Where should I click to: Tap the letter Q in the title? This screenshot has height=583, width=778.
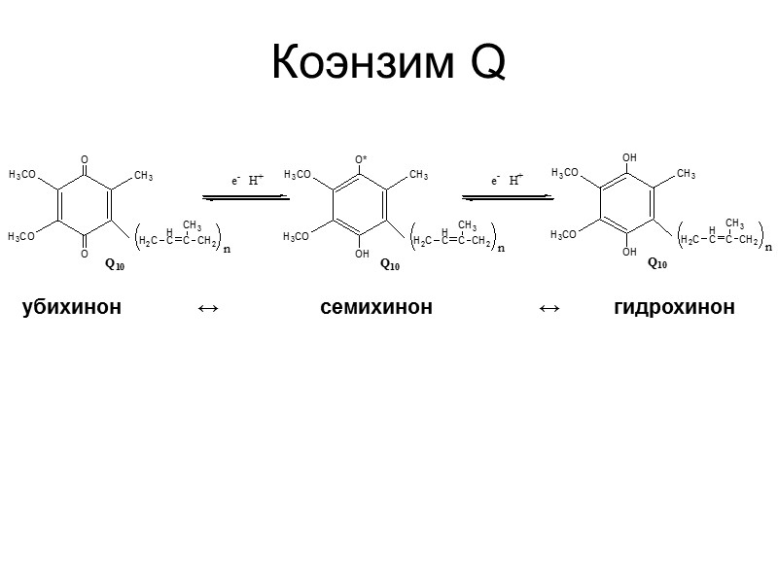487,64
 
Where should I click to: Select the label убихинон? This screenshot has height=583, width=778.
72,308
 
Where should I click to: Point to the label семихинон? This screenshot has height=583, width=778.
376,308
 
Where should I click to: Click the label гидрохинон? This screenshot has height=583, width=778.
674,308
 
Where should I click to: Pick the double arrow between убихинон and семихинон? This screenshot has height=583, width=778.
207,308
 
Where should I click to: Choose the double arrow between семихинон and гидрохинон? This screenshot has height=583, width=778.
548,308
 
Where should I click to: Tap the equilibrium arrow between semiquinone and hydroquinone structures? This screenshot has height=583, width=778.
507,196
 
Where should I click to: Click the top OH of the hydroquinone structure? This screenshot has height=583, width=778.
629,156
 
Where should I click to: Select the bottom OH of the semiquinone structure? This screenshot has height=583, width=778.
362,255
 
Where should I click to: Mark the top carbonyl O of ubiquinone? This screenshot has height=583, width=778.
85,158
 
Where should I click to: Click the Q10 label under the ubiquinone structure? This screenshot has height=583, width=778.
114,265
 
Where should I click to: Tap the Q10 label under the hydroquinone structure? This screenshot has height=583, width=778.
657,263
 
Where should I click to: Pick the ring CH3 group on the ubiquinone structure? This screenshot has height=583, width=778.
144,176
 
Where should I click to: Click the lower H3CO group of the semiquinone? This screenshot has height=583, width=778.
298,236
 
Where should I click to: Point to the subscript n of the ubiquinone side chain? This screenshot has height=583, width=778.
227,249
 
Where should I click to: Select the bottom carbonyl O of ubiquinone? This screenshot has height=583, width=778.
85,255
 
